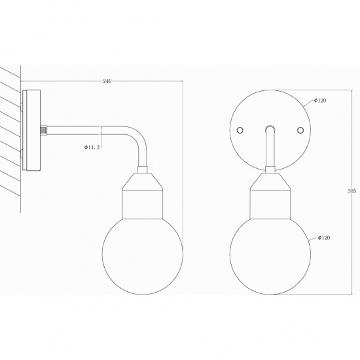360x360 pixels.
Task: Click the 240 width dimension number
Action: [x=107, y=81]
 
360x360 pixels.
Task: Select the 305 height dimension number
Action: [x=352, y=191]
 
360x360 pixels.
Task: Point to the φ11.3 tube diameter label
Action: [x=92, y=148]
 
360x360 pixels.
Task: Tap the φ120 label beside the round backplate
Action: [x=320, y=101]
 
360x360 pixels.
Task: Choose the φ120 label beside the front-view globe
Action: [x=321, y=238]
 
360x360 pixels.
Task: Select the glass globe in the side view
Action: [x=142, y=255]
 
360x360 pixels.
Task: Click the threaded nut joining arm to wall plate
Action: [x=44, y=130]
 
